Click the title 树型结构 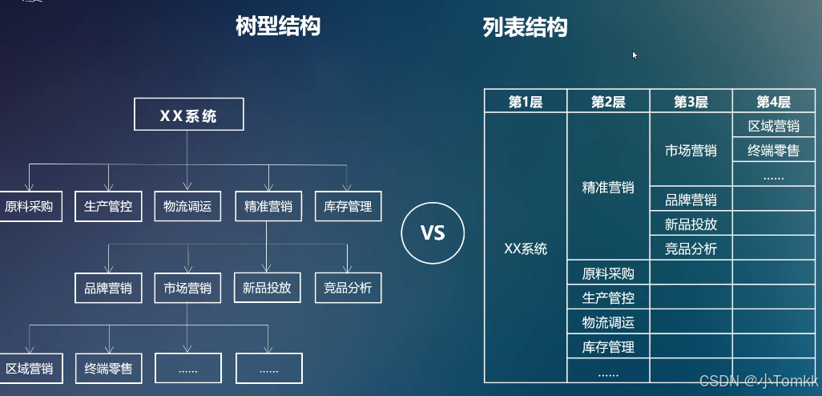coord(278,26)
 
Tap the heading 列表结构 coord(525,28)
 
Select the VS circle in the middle coord(433,232)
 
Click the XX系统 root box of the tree coord(188,116)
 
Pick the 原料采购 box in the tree coord(28,207)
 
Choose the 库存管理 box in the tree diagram coord(349,207)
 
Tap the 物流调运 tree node coord(187,207)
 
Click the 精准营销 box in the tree coord(268,207)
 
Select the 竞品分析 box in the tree coord(349,288)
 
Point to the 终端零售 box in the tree coord(108,369)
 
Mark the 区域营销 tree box coord(29,369)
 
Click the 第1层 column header coord(526,102)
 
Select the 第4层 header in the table coord(773,102)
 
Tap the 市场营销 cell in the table coord(691,150)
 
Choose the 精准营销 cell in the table coord(608,187)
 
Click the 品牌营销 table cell coord(691,200)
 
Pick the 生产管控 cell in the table coord(608,298)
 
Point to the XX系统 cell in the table coord(526,249)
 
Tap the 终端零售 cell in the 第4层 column coord(773,150)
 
